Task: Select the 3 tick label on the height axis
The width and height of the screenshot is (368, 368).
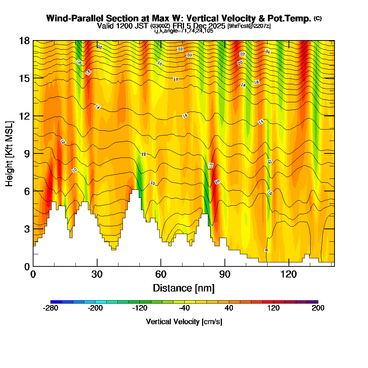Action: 26,229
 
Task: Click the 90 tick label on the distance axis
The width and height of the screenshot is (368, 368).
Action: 225,275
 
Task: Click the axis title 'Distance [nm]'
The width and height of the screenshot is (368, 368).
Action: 184,288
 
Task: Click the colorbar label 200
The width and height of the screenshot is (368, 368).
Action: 318,308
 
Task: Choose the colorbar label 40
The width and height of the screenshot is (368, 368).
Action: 229,308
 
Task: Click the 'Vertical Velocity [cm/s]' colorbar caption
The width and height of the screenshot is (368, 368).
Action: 184,322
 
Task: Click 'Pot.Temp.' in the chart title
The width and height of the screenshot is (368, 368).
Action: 293,18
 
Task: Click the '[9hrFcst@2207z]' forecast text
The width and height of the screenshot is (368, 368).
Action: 249,26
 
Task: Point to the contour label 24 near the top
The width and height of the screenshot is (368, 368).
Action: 268,52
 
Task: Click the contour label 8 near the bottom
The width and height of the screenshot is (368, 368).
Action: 266,250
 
